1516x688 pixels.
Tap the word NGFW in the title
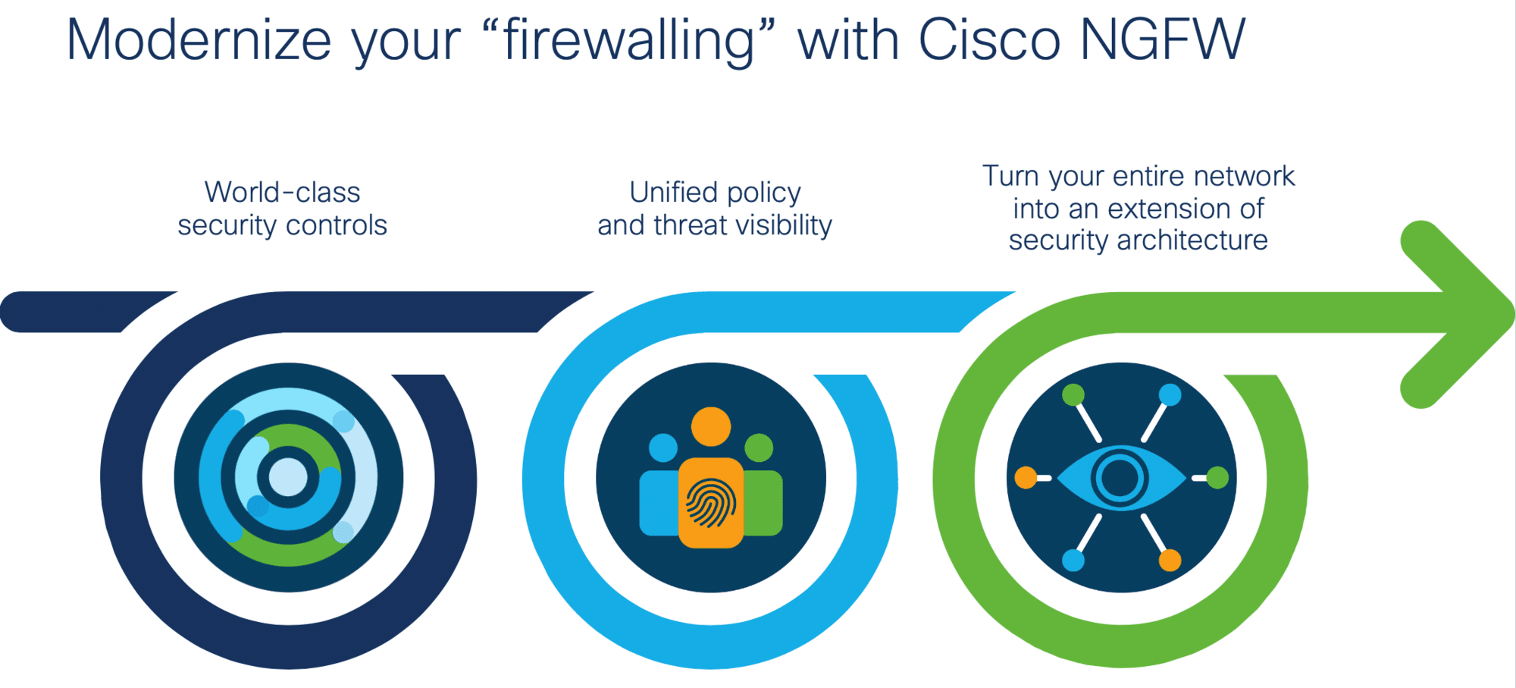1163,39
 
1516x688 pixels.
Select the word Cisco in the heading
989,39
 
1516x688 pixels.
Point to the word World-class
282,192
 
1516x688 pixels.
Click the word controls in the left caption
337,225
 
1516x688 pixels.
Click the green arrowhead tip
1513,313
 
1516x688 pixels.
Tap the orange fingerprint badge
711,502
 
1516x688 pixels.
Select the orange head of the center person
711,427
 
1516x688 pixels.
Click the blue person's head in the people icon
663,448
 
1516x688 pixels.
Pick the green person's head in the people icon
759,448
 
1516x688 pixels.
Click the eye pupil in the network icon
1120,478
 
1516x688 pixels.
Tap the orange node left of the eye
1026,478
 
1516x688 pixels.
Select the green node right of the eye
1217,478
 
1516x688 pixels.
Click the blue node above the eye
1170,394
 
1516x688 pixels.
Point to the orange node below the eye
1170,561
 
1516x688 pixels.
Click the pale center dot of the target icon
288,477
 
